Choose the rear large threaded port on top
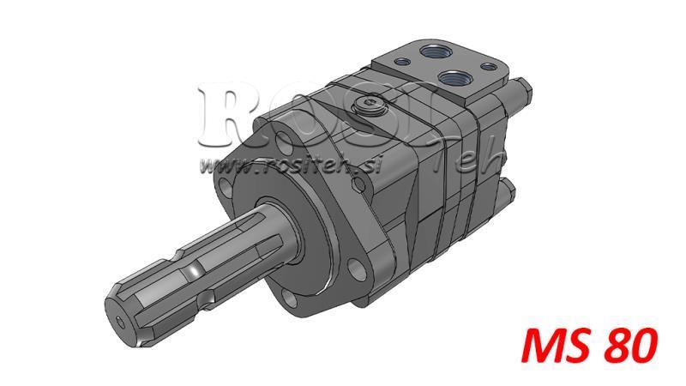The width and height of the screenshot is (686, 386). point(428,52)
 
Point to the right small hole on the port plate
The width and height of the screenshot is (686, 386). point(490,65)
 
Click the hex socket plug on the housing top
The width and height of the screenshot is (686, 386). point(370,106)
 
